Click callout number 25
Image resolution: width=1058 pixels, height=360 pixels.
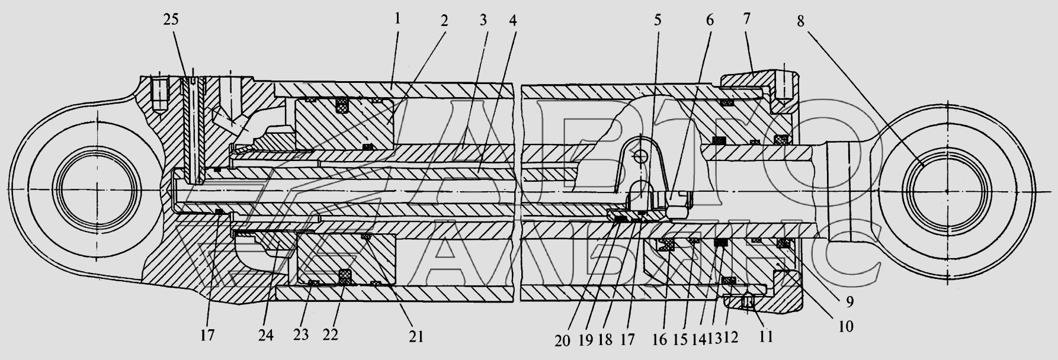[x=171, y=20]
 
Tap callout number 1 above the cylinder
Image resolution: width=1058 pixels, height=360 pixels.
[x=397, y=18]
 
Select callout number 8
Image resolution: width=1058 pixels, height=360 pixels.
[x=800, y=21]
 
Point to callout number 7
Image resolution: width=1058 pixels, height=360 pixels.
[x=746, y=18]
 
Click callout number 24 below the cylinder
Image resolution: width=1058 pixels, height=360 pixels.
[x=265, y=335]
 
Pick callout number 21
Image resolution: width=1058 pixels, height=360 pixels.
[x=416, y=336]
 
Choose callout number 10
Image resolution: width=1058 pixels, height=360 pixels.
[x=846, y=325]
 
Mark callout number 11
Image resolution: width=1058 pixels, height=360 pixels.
[x=766, y=337]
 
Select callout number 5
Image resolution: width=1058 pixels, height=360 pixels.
[x=658, y=20]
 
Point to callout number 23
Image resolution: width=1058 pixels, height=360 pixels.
[x=301, y=335]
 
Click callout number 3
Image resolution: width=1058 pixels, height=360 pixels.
[x=483, y=20]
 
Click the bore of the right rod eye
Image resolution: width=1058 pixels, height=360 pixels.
[x=946, y=189]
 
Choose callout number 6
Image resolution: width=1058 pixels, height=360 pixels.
[x=709, y=20]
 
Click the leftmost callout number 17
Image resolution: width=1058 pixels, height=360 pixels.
[x=207, y=335]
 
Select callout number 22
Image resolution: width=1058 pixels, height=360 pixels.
[x=330, y=335]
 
